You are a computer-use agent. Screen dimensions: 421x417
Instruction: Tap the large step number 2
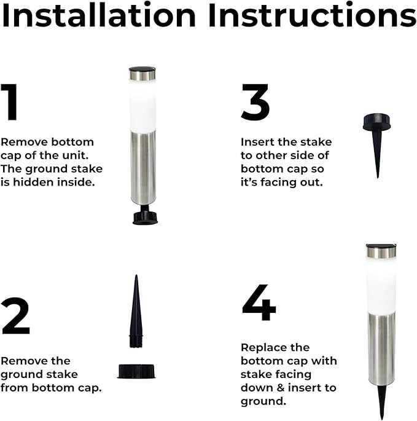16,316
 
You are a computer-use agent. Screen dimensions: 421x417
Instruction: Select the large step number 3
255,103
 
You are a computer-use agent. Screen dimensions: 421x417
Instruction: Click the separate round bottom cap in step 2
136,370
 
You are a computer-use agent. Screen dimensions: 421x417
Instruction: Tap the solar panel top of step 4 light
381,251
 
